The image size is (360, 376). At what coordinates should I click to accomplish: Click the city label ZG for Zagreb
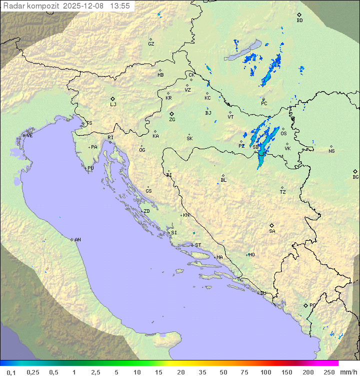click(x=172, y=120)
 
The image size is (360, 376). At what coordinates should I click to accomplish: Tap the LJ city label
click(x=113, y=104)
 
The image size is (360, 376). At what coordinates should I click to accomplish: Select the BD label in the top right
click(x=299, y=21)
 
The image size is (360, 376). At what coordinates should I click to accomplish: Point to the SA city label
click(x=272, y=231)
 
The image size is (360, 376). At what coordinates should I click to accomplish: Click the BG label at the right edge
click(x=355, y=177)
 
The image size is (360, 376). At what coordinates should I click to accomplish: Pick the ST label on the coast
click(x=198, y=245)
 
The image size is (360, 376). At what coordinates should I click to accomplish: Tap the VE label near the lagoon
click(x=29, y=136)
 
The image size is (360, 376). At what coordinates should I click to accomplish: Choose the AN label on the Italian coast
click(x=77, y=240)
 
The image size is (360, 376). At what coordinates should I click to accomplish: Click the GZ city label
click(x=151, y=44)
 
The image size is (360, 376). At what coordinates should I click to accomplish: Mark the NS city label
click(x=331, y=151)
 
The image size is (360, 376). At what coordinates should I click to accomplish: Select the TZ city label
click(x=283, y=192)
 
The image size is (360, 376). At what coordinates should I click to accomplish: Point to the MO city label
click(x=251, y=254)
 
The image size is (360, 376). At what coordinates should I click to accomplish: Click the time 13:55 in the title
click(x=120, y=6)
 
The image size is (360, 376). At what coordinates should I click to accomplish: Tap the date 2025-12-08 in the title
click(x=84, y=6)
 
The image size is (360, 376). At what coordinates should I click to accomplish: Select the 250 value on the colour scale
click(x=329, y=371)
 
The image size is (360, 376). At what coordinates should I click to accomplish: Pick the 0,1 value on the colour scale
click(x=11, y=371)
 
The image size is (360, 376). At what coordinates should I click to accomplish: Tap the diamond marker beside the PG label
click(x=305, y=305)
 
